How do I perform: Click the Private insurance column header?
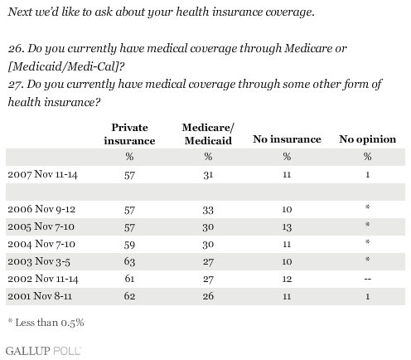coord(129,134)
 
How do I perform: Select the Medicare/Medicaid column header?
coord(208,134)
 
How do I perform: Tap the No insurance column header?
coord(287,139)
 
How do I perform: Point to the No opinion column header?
coord(367,139)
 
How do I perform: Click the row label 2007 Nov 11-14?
coord(42,174)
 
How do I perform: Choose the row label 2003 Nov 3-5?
coord(39,261)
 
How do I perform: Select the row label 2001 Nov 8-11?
coord(40,296)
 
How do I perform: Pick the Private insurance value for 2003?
coord(129,261)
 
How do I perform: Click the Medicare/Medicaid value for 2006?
coord(208,210)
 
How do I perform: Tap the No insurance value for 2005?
coord(287,227)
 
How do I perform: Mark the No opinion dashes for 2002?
coord(368,279)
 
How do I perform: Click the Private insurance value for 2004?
coord(129,245)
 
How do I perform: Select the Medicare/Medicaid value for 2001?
coord(208,296)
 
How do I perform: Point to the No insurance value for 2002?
coord(287,279)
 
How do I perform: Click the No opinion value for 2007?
coord(368,175)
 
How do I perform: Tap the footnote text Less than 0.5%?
coord(50,323)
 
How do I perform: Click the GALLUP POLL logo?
coord(43,351)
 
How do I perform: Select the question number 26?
coord(17,49)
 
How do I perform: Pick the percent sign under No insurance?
coord(287,157)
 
